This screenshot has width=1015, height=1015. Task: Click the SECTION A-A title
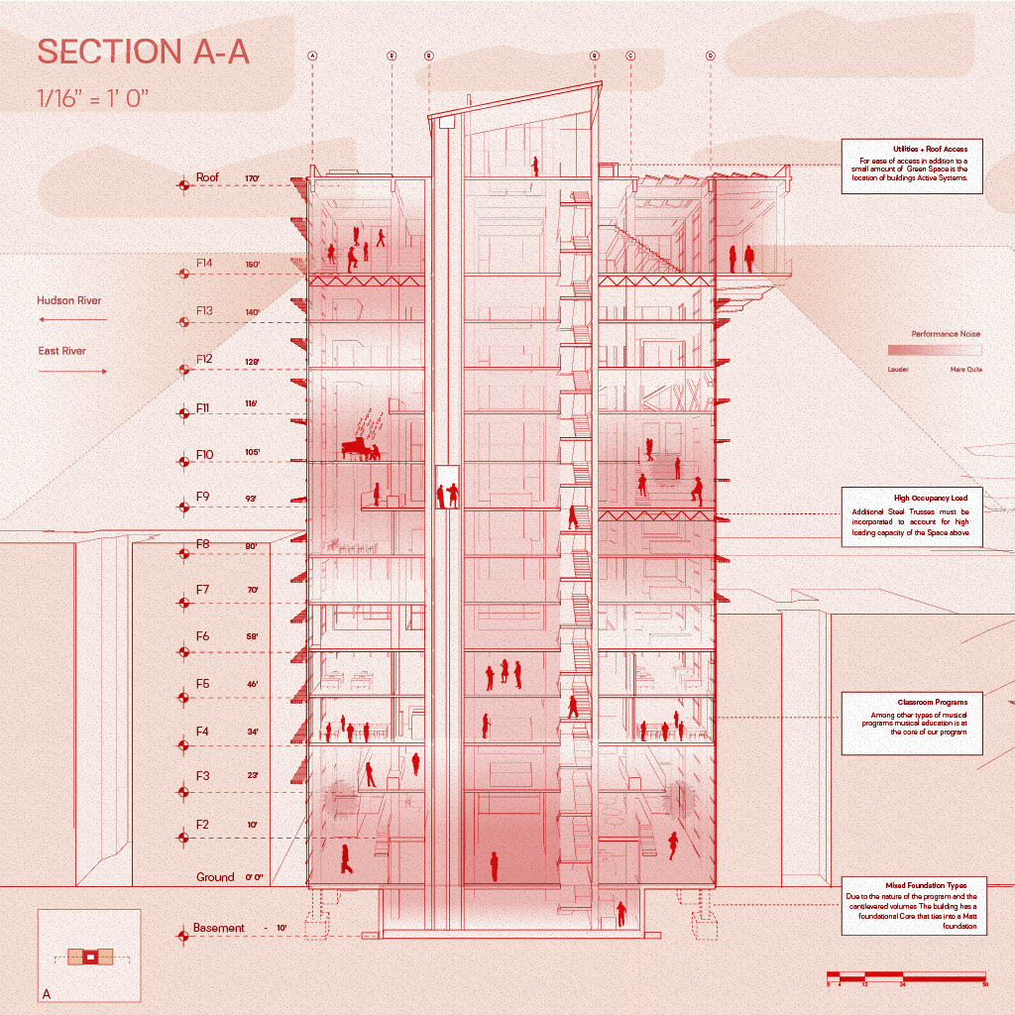click(143, 53)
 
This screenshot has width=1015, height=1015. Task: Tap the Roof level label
click(207, 178)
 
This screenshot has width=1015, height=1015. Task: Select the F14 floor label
click(204, 264)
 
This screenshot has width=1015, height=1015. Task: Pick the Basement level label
click(218, 929)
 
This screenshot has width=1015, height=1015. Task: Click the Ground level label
click(215, 877)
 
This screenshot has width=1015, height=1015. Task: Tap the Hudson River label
click(68, 300)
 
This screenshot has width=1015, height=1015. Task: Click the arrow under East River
click(72, 372)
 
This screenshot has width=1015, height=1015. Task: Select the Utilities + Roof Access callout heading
click(912, 149)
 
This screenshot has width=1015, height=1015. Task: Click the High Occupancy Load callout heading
click(912, 498)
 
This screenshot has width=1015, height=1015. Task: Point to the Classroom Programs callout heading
click(912, 702)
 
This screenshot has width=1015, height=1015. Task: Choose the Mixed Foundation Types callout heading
click(912, 885)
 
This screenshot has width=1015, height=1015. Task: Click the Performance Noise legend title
click(946, 334)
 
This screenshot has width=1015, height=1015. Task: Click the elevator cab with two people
click(448, 487)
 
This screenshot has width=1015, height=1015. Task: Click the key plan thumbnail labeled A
click(89, 957)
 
